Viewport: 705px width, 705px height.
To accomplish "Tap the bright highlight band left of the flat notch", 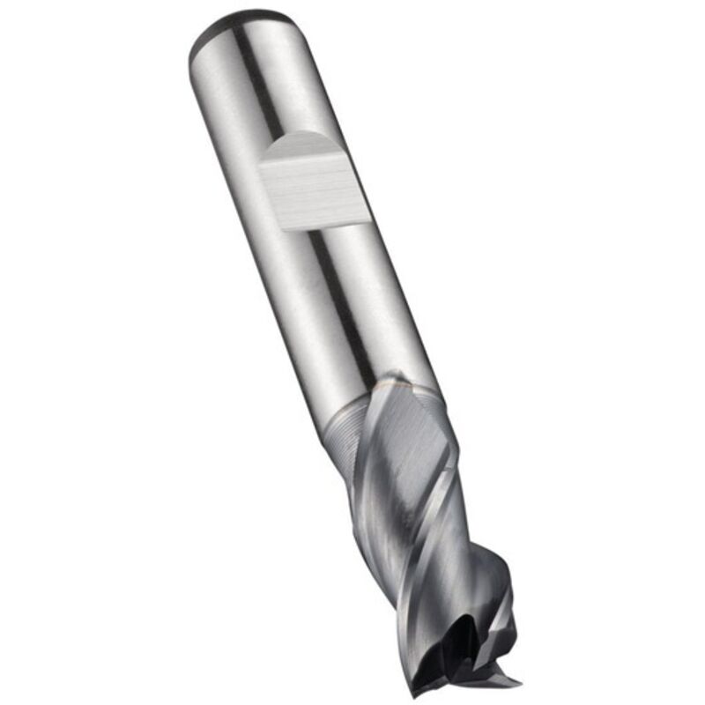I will pyautogui.click(x=238, y=176).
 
